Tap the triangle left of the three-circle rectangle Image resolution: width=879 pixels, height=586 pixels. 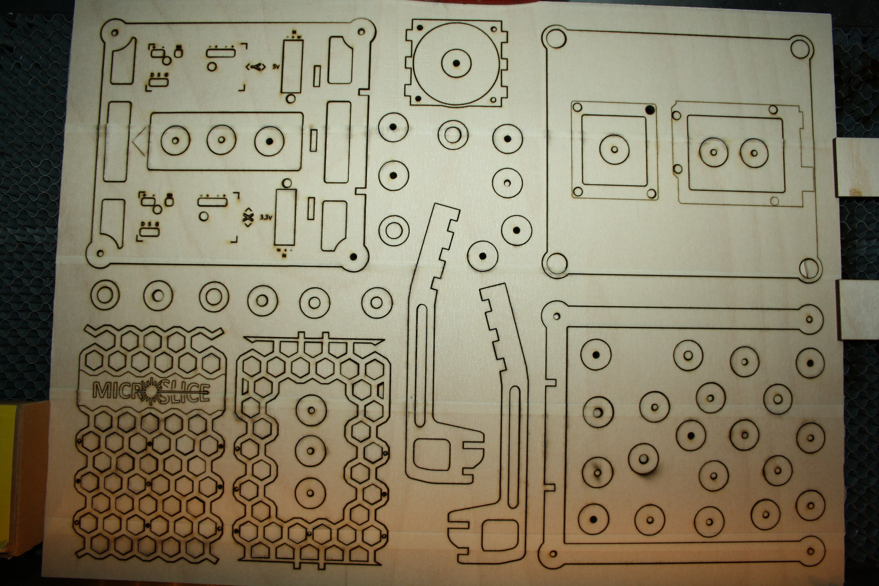[139, 141]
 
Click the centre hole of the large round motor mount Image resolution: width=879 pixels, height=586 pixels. [456, 62]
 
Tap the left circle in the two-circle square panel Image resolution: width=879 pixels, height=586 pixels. [714, 152]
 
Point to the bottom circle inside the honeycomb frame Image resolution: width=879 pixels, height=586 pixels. [310, 493]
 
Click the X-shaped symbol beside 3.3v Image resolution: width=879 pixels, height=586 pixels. [247, 217]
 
